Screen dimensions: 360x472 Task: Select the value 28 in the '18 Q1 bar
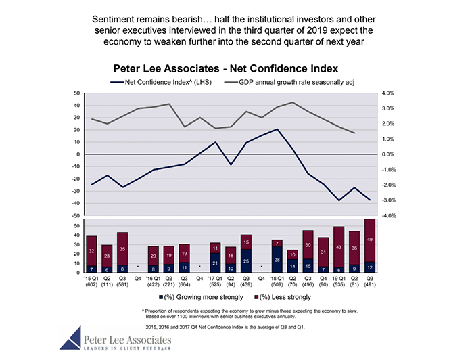(x=277, y=260)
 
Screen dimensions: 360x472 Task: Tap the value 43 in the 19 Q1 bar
(x=339, y=248)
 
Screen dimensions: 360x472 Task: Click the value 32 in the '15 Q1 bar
(x=91, y=251)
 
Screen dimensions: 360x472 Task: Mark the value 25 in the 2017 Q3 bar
(x=246, y=261)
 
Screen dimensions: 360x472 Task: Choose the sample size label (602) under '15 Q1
(x=91, y=284)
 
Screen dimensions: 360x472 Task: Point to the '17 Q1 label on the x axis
(x=215, y=277)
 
